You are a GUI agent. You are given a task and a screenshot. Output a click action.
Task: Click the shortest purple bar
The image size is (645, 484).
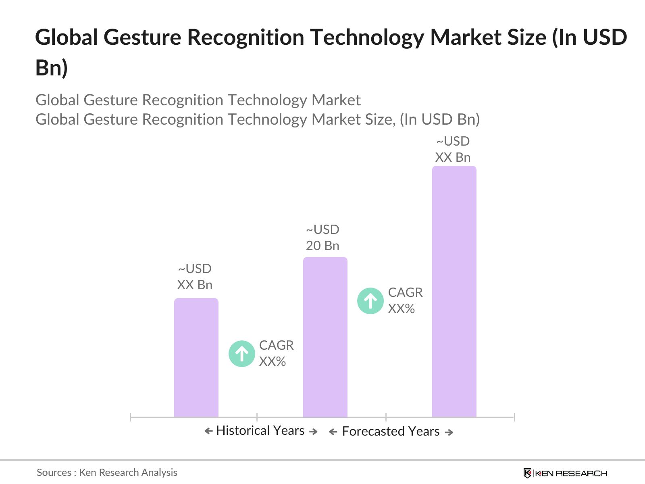pyautogui.click(x=196, y=357)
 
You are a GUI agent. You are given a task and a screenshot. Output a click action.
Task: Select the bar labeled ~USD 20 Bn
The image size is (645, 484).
pyautogui.click(x=325, y=337)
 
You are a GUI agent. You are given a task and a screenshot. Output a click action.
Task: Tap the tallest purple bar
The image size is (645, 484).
pyautogui.click(x=454, y=291)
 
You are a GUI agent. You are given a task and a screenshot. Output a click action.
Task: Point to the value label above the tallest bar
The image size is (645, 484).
pyautogui.click(x=453, y=149)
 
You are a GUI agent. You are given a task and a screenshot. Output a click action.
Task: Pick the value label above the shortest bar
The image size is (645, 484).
pyautogui.click(x=195, y=277)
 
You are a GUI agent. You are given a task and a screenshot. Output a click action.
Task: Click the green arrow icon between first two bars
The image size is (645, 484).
pyautogui.click(x=242, y=354)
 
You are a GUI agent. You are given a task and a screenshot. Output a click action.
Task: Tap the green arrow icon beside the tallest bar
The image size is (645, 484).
pyautogui.click(x=370, y=301)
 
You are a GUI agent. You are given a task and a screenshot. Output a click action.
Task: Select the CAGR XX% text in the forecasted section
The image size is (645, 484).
pyautogui.click(x=405, y=300)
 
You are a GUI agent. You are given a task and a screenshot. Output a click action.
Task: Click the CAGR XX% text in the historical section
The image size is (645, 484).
pyautogui.click(x=276, y=353)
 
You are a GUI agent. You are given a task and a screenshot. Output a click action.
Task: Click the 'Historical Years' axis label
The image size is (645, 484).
pyautogui.click(x=260, y=430)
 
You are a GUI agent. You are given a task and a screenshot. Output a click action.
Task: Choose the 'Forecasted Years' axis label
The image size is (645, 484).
pyautogui.click(x=391, y=431)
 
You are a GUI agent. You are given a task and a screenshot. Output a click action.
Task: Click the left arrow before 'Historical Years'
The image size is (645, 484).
pyautogui.click(x=208, y=431)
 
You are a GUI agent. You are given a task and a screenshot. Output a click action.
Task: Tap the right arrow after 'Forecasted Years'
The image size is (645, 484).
pyautogui.click(x=449, y=432)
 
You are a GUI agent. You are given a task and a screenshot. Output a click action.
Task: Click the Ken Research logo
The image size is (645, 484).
pyautogui.click(x=565, y=473)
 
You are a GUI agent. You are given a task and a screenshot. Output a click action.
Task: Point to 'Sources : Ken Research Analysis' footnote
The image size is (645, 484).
pyautogui.click(x=107, y=472)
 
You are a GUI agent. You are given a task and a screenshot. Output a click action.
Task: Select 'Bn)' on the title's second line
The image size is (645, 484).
pyautogui.click(x=51, y=67)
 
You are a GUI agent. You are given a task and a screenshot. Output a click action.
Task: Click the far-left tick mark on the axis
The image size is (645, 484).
pyautogui.click(x=131, y=417)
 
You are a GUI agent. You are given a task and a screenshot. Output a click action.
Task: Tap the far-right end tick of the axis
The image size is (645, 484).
pyautogui.click(x=514, y=417)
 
